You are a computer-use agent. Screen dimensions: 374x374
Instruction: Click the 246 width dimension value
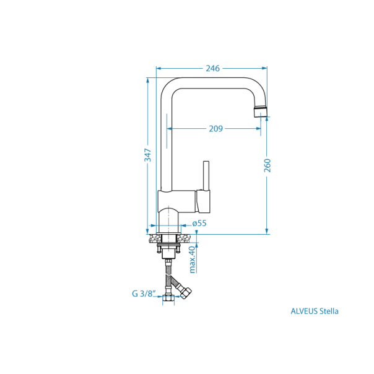pyautogui.click(x=212, y=68)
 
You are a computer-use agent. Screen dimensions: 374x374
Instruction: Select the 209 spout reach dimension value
pyautogui.click(x=215, y=129)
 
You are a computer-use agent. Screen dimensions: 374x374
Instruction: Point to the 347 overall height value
pyautogui.click(x=148, y=155)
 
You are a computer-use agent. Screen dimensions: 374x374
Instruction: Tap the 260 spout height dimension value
pyautogui.click(x=267, y=165)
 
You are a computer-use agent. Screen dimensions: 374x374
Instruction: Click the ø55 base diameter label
pyautogui.click(x=199, y=224)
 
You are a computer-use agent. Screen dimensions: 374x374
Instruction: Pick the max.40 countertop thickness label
pyautogui.click(x=193, y=259)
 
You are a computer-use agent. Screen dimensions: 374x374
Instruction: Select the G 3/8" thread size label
pyautogui.click(x=143, y=294)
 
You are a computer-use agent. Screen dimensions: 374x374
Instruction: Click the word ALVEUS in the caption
pyautogui.click(x=304, y=311)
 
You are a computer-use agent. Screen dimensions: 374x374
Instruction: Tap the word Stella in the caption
pyautogui.click(x=329, y=311)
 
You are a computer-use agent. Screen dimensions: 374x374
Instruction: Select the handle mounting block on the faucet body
pyautogui.click(x=204, y=200)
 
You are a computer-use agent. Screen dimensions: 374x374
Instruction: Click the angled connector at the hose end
pyautogui.click(x=185, y=291)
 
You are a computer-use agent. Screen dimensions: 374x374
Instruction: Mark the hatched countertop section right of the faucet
pyautogui.click(x=185, y=238)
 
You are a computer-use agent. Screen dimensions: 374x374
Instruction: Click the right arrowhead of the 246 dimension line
pyautogui.click(x=264, y=68)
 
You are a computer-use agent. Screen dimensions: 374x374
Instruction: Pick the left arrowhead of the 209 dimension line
pyautogui.click(x=170, y=129)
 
